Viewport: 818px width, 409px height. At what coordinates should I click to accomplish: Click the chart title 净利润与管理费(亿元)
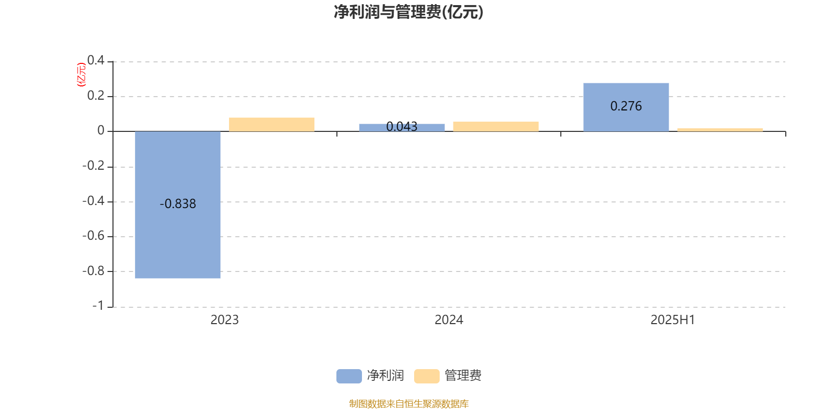point(408,12)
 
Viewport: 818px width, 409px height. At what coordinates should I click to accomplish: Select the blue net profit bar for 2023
point(178,205)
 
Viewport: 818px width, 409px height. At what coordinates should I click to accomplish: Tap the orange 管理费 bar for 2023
point(271,125)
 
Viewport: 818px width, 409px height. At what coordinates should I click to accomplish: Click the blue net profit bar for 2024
point(402,127)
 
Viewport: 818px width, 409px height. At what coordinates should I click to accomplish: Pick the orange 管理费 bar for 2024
point(496,126)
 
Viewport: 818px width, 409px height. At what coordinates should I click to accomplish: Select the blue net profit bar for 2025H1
point(626,107)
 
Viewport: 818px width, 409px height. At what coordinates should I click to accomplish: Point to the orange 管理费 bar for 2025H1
point(720,130)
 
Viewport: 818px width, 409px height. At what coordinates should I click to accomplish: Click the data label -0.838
point(178,204)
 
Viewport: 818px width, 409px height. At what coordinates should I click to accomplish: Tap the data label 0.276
point(626,106)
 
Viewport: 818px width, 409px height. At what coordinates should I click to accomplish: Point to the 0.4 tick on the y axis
point(96,60)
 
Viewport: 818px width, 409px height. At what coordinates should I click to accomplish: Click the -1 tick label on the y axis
point(98,306)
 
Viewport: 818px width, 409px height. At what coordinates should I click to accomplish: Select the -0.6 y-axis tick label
point(93,236)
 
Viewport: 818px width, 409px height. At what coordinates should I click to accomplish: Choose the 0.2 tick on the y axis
point(96,95)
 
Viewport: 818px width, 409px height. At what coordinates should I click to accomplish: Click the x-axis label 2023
point(224,320)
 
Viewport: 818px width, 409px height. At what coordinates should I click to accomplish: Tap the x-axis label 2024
point(449,320)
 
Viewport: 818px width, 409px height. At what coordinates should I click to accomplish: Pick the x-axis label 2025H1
point(673,320)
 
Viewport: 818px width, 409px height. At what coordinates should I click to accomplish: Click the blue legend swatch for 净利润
point(349,376)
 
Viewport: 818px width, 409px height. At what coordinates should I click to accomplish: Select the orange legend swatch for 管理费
point(427,376)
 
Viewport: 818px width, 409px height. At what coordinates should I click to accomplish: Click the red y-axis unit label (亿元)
point(81,75)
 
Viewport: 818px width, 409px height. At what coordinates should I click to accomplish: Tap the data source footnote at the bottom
point(408,403)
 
